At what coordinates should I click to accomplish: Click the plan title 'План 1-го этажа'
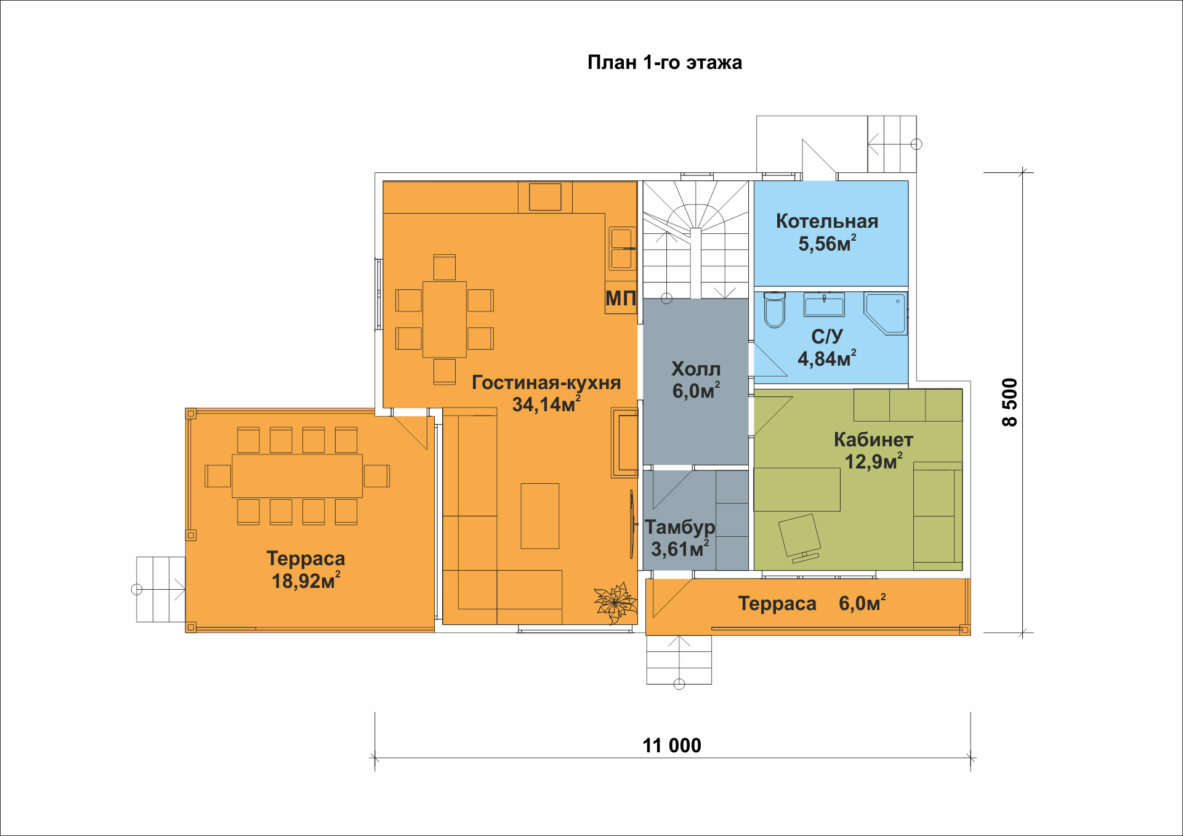pyautogui.click(x=664, y=63)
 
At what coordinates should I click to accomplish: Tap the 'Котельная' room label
pyautogui.click(x=827, y=221)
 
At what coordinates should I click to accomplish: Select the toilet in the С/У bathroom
pyautogui.click(x=775, y=310)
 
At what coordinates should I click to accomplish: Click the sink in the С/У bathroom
pyautogui.click(x=824, y=305)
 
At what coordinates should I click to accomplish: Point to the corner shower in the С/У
pyautogui.click(x=886, y=313)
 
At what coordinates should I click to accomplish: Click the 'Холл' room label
pyautogui.click(x=696, y=369)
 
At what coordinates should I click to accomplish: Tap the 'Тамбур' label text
pyautogui.click(x=680, y=528)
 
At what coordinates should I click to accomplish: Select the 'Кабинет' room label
pyautogui.click(x=873, y=440)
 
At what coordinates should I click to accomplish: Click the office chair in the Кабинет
pyautogui.click(x=800, y=538)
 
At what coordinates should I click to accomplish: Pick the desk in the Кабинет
pyautogui.click(x=797, y=489)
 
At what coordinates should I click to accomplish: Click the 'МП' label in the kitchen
pyautogui.click(x=620, y=299)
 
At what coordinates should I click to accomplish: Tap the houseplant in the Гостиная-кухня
pyautogui.click(x=615, y=603)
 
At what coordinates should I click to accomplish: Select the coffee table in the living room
pyautogui.click(x=540, y=516)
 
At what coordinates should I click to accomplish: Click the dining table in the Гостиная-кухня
pyautogui.click(x=445, y=320)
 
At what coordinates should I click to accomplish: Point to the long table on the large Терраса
pyautogui.click(x=297, y=476)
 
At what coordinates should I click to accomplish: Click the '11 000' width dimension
pyautogui.click(x=672, y=746)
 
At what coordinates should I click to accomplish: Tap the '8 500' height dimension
pyautogui.click(x=1010, y=402)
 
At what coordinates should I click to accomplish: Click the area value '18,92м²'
pyautogui.click(x=306, y=581)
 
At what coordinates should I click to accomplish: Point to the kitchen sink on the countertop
pyautogui.click(x=621, y=249)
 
